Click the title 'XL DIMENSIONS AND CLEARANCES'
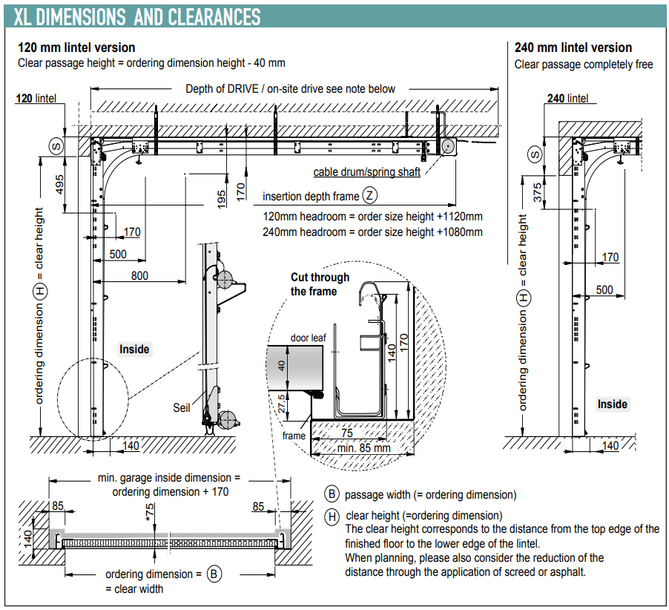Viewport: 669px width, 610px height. pyautogui.click(x=138, y=16)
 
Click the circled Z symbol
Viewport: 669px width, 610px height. pyautogui.click(x=370, y=197)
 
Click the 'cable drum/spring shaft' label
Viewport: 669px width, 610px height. pyautogui.click(x=366, y=172)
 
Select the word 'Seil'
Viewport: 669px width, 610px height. pyautogui.click(x=182, y=407)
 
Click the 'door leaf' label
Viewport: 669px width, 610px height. pyautogui.click(x=309, y=338)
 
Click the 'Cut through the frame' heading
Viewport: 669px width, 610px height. pyautogui.click(x=320, y=284)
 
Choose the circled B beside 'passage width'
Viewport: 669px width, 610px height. pyautogui.click(x=332, y=494)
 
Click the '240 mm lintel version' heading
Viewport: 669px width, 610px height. pyautogui.click(x=573, y=47)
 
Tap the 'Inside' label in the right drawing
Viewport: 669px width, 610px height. pyautogui.click(x=613, y=404)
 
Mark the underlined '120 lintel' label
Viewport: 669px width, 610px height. pyautogui.click(x=36, y=98)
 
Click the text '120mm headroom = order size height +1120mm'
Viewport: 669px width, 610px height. pyautogui.click(x=372, y=217)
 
